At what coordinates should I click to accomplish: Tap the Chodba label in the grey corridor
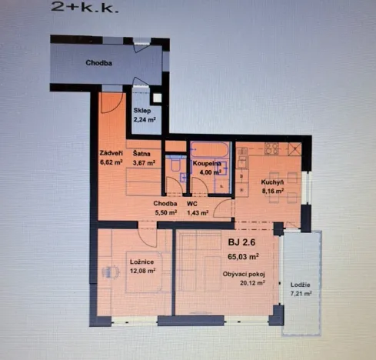(x=98, y=63)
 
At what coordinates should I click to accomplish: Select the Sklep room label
(x=142, y=111)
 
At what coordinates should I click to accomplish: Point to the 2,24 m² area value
(x=145, y=119)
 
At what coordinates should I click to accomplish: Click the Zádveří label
(x=111, y=152)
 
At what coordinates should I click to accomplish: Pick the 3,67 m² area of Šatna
(x=144, y=162)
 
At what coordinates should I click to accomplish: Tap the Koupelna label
(x=207, y=164)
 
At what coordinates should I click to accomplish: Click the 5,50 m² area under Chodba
(x=165, y=212)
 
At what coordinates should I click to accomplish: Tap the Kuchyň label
(x=273, y=182)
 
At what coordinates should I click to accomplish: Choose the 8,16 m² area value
(x=273, y=192)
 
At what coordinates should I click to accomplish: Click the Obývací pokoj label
(x=242, y=273)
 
